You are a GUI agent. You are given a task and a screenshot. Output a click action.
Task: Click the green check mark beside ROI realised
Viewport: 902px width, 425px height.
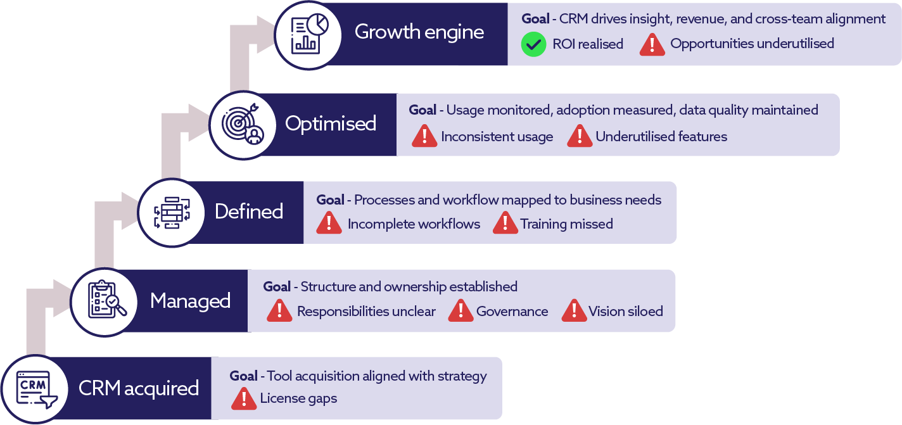(x=533, y=44)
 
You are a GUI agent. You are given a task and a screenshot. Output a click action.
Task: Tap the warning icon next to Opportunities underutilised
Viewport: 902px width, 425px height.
(x=652, y=44)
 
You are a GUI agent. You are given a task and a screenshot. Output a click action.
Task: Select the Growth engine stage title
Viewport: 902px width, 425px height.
(x=419, y=32)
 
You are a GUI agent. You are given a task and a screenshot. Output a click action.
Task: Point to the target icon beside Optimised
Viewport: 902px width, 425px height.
(x=243, y=124)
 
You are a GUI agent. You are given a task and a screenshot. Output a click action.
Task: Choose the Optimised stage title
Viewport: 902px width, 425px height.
(x=331, y=124)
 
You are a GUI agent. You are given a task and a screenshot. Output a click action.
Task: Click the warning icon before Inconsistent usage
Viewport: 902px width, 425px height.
(x=424, y=136)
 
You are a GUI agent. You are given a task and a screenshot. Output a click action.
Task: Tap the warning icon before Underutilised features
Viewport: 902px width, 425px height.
(x=580, y=136)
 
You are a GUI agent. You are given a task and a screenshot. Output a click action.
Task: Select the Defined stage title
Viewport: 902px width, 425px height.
(x=249, y=212)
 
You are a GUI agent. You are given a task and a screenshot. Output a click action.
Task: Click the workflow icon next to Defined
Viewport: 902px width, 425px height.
(x=172, y=212)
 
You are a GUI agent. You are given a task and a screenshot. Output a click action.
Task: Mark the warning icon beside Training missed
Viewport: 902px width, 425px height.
(x=505, y=224)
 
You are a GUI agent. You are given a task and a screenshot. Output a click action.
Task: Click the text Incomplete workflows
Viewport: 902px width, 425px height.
(x=414, y=224)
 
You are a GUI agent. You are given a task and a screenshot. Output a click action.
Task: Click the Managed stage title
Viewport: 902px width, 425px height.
(x=190, y=301)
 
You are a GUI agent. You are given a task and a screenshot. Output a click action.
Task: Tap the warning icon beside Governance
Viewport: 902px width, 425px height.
(x=461, y=311)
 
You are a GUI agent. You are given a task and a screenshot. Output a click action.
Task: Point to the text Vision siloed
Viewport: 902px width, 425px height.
(x=626, y=311)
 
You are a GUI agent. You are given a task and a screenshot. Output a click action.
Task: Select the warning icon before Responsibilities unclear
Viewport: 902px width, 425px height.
(x=279, y=311)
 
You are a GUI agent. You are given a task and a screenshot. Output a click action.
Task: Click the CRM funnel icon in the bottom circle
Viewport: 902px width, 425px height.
(x=35, y=389)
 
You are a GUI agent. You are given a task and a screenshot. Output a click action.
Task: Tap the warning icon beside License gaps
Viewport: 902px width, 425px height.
(x=244, y=398)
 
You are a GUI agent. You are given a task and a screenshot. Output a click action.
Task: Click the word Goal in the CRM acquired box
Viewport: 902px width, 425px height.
(x=243, y=376)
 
